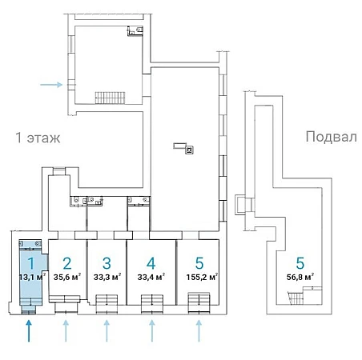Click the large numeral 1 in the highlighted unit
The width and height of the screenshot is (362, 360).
(31, 263)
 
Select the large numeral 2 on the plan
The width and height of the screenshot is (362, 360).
(67, 263)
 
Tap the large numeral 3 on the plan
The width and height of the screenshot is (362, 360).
(107, 263)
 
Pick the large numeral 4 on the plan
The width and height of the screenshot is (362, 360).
(151, 263)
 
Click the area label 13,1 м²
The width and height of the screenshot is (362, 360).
(32, 277)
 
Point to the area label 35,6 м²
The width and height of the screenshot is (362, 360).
(67, 277)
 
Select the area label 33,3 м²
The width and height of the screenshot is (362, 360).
(107, 277)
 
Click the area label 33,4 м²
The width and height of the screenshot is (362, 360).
(151, 277)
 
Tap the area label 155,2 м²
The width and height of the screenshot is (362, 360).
(202, 277)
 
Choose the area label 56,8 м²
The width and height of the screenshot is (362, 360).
(300, 277)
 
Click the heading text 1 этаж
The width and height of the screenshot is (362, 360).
(38, 138)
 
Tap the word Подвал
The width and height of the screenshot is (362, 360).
(331, 137)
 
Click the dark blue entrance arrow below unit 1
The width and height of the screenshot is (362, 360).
(29, 331)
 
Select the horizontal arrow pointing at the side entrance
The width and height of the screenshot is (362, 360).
(51, 85)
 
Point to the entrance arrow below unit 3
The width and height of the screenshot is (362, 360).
(107, 331)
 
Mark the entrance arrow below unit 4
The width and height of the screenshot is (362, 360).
(152, 331)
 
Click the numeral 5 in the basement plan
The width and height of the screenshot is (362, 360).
(300, 263)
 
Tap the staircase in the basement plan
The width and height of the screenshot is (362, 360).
(296, 298)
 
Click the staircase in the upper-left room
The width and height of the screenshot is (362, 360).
(110, 98)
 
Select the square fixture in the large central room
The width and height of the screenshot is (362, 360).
(190, 150)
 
